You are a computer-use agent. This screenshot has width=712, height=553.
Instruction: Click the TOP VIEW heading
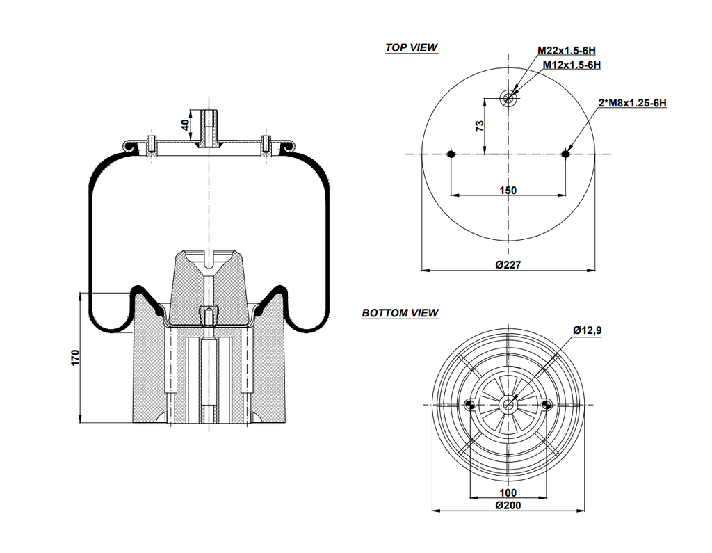point(412,48)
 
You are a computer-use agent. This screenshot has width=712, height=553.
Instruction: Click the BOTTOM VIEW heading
point(400,313)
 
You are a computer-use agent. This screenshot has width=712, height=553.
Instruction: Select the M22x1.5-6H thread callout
point(567,51)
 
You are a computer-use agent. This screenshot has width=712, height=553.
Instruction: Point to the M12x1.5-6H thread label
point(572,65)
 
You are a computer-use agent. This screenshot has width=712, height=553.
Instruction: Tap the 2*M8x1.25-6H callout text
point(632,103)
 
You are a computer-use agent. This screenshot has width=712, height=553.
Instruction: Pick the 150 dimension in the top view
point(508,190)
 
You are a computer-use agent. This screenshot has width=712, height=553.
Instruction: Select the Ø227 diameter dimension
point(508,264)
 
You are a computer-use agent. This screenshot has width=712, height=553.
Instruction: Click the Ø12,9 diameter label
point(587,330)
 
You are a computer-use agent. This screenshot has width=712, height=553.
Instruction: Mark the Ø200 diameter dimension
point(508,506)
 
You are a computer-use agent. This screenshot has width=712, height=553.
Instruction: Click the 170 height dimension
point(76,358)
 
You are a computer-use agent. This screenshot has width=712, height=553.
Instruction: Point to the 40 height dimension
point(185,125)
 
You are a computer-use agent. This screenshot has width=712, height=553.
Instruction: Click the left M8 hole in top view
point(451,154)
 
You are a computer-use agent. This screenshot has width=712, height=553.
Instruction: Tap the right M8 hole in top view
point(566,154)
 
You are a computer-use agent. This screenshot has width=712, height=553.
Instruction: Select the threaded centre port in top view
point(509,98)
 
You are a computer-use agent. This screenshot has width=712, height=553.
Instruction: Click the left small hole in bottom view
point(470,405)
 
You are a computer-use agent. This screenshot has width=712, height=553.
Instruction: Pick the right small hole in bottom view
point(547,405)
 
